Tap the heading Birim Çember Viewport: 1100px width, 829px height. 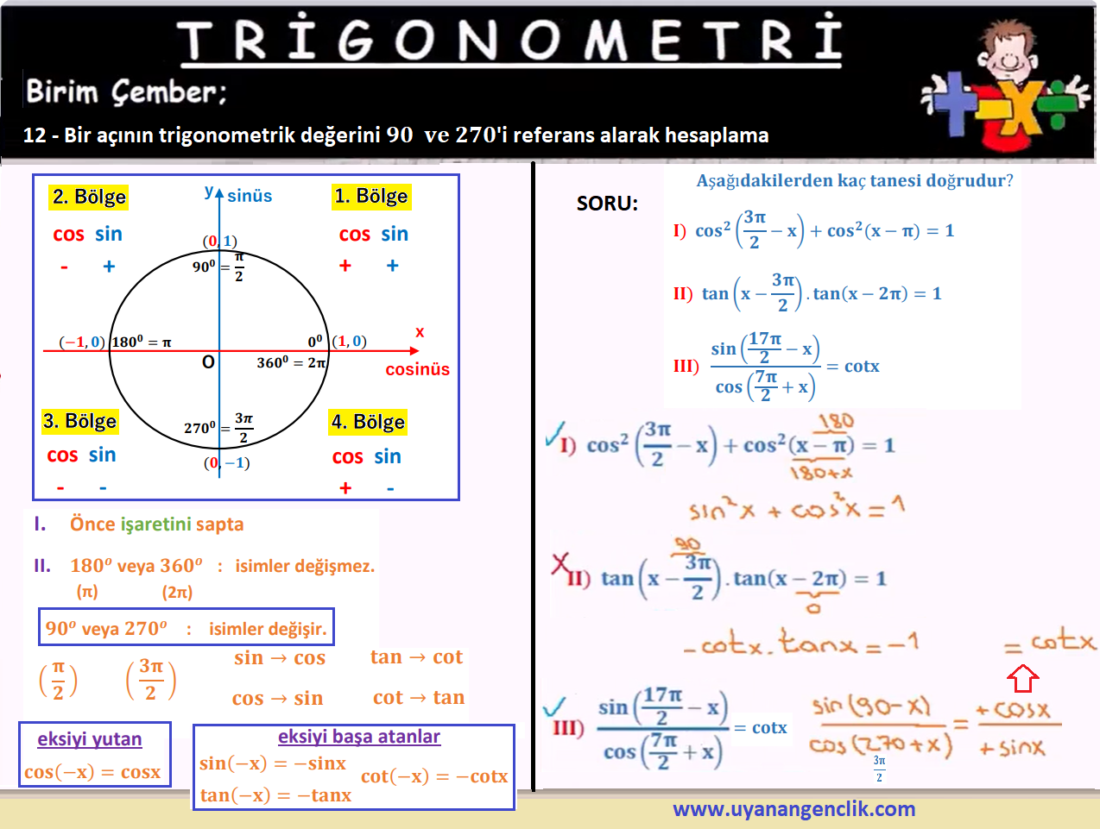(x=126, y=92)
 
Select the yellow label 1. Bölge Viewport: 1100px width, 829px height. (x=371, y=196)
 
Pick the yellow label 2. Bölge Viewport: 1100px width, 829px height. (x=89, y=198)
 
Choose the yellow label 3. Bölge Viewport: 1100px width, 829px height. (x=80, y=422)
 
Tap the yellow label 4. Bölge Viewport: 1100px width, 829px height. (x=368, y=423)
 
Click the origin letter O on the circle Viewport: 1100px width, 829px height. (x=208, y=362)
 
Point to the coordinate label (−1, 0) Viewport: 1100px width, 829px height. (x=82, y=342)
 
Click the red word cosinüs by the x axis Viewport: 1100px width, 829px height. (x=417, y=369)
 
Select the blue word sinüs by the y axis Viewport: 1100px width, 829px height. (x=250, y=196)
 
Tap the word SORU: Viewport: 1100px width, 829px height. (x=607, y=204)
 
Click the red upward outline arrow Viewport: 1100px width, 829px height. (x=1023, y=679)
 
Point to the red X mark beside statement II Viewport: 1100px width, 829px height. (x=560, y=563)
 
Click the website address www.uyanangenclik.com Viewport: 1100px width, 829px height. (x=793, y=809)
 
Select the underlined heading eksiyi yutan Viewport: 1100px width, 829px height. (x=90, y=739)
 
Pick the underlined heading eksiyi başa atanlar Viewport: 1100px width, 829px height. (x=359, y=737)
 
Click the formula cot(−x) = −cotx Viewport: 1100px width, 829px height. (x=434, y=776)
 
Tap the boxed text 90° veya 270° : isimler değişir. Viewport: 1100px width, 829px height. (x=186, y=628)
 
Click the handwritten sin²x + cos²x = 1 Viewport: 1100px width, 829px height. (x=797, y=509)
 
